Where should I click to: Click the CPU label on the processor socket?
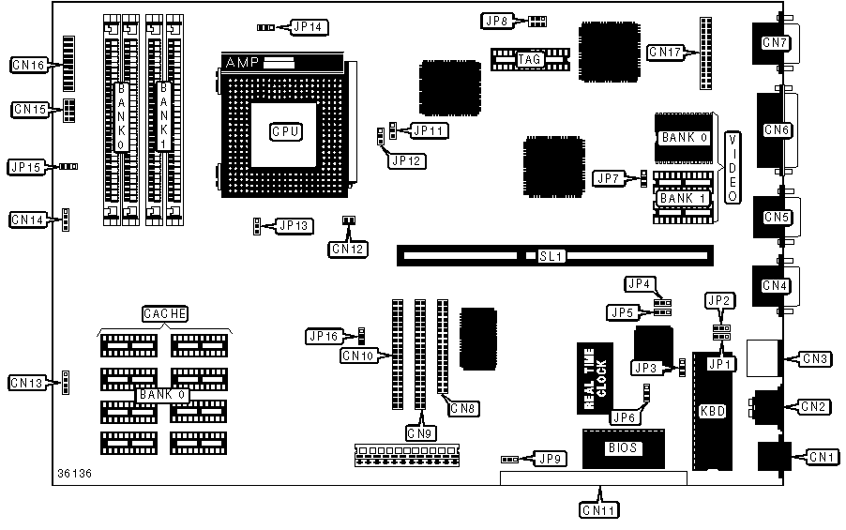click(x=285, y=131)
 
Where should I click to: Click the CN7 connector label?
click(x=775, y=42)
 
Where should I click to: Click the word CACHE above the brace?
click(x=165, y=312)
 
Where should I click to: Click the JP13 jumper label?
click(x=294, y=225)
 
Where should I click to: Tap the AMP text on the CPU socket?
click(x=237, y=62)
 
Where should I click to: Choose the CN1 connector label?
click(x=822, y=457)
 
